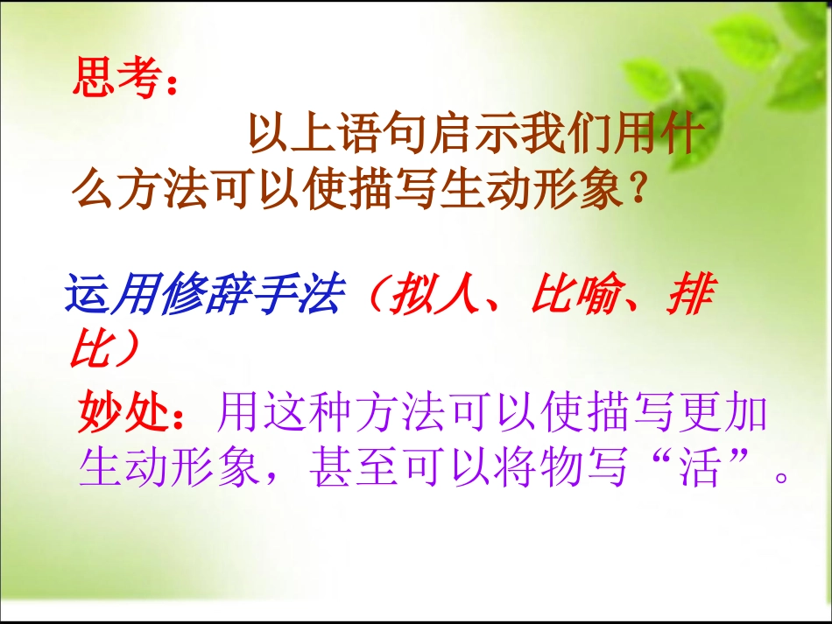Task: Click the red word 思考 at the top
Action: pyautogui.click(x=117, y=79)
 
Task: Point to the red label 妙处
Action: pyautogui.click(x=123, y=412)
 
